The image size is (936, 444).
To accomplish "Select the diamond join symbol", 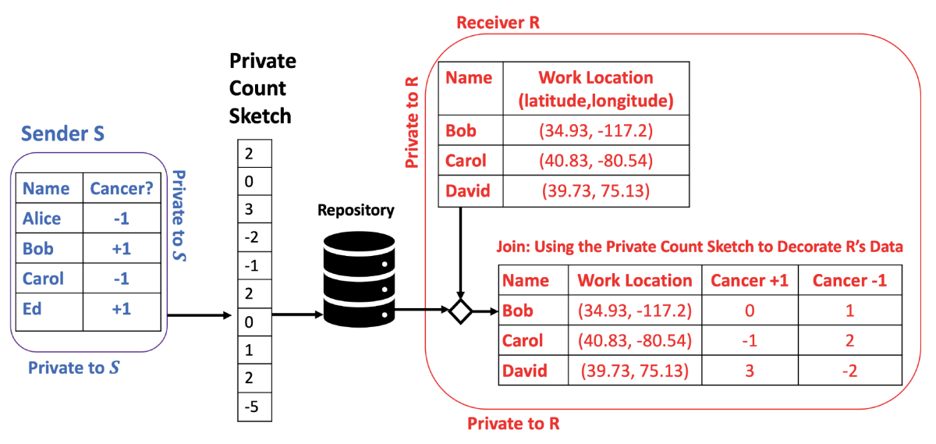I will coord(460,311).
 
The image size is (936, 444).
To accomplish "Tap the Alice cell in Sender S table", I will coord(41,219).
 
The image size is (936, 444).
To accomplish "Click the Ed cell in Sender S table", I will coord(33,308).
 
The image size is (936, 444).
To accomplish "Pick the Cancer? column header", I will coord(121,188).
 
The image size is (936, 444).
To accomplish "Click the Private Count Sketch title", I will coord(262,89).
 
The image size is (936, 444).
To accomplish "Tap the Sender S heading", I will coord(62,133).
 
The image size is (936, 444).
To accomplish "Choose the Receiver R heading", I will coord(498,22).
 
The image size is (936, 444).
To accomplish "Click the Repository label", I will coord(356,211).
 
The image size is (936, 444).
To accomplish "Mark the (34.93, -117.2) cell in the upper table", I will coord(596,130).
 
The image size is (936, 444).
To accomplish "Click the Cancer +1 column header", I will coord(750,281).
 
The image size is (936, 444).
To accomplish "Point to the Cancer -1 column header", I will coord(849,281).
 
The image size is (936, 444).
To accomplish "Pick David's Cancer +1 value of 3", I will coord(750,371).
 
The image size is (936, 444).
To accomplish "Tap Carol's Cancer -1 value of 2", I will coord(849,340).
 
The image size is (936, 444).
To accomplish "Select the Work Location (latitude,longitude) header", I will coord(596,89).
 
